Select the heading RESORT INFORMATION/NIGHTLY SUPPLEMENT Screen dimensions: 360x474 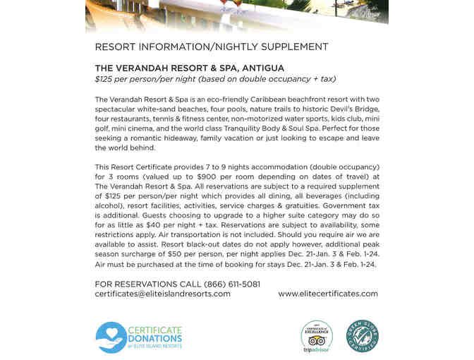point(212,47)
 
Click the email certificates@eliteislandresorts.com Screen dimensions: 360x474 point(162,294)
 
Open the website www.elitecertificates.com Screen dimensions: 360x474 point(328,294)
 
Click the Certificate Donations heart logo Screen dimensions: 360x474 point(111,337)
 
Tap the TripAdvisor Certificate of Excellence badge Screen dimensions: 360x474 point(317,337)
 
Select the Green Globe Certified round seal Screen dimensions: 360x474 point(362,337)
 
